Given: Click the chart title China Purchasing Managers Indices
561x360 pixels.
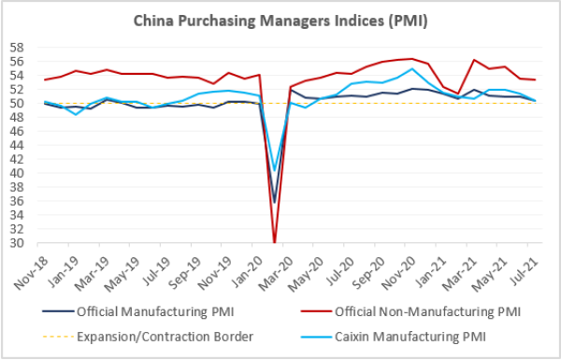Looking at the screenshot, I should pyautogui.click(x=280, y=20).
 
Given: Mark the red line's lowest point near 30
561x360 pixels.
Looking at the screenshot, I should pyautogui.click(x=275, y=242).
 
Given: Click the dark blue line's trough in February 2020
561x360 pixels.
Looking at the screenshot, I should pyautogui.click(x=275, y=202).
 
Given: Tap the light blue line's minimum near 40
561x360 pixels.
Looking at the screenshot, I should pyautogui.click(x=275, y=170).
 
